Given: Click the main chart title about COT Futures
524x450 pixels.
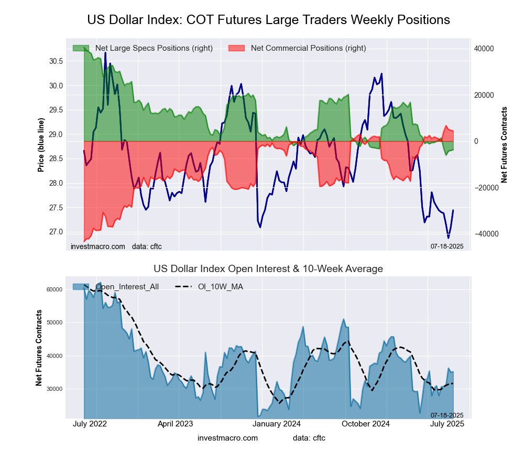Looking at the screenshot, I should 268,20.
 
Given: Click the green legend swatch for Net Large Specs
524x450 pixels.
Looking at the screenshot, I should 81,48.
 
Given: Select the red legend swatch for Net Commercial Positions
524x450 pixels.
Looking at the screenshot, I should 237,48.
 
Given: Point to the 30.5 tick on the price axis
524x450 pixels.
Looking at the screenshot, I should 56,61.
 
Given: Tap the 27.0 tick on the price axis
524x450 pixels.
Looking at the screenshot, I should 56,232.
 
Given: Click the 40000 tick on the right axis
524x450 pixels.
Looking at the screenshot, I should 484,49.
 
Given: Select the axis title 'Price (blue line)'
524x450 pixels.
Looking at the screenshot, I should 41,145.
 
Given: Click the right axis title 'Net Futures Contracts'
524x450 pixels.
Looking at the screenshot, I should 505,145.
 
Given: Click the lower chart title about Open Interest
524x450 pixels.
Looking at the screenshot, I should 268,269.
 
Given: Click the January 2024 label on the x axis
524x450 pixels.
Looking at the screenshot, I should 278,424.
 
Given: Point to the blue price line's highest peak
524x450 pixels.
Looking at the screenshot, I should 105,53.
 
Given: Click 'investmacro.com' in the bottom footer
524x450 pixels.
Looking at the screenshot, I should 228,437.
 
